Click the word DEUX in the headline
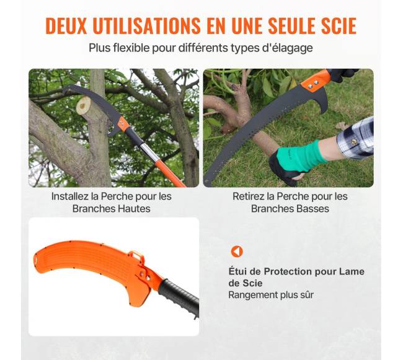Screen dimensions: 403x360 66,25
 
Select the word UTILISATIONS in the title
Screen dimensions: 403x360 146,25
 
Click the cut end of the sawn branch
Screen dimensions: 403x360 84,106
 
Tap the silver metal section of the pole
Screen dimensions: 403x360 148,151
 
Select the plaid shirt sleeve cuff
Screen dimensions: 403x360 356,138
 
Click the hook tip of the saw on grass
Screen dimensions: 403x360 322,113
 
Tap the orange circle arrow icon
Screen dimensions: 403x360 237,252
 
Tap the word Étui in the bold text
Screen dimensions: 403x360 237,271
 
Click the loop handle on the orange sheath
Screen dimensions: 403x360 137,256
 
